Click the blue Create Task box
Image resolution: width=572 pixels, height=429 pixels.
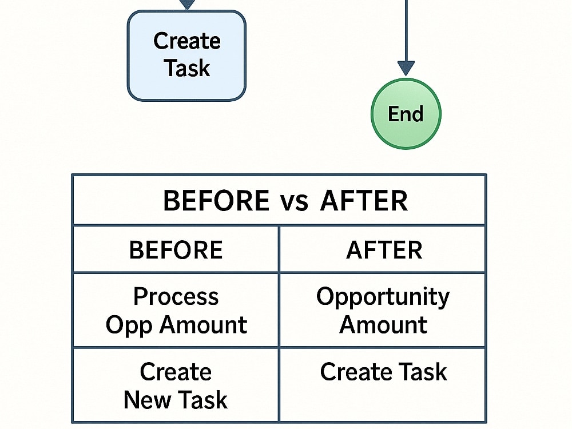click(x=186, y=55)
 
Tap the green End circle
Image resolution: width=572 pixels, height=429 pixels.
click(x=406, y=114)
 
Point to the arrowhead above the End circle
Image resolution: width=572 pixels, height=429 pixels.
click(x=406, y=69)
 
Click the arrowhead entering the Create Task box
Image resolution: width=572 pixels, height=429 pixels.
click(x=187, y=5)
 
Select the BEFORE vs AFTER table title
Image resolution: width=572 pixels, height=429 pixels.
click(x=285, y=201)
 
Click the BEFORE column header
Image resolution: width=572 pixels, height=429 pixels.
click(x=176, y=250)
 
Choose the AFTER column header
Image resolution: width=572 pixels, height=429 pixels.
click(x=384, y=250)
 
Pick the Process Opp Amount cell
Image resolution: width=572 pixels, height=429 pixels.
click(x=176, y=310)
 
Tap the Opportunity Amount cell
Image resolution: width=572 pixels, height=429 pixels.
click(x=383, y=310)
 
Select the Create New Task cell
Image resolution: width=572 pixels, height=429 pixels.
click(x=176, y=385)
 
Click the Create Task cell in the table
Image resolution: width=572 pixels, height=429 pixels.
click(x=383, y=385)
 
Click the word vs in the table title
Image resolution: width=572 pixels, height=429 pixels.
click(x=294, y=201)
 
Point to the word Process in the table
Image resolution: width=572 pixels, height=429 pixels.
click(x=176, y=296)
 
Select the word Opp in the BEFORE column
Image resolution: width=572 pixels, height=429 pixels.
click(x=129, y=325)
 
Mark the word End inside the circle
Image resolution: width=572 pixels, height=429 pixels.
click(x=406, y=114)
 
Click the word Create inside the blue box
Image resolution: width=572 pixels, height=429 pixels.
click(x=187, y=41)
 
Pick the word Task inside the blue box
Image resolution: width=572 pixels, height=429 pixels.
click(x=187, y=68)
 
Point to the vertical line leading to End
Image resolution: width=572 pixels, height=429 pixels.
click(x=406, y=31)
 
